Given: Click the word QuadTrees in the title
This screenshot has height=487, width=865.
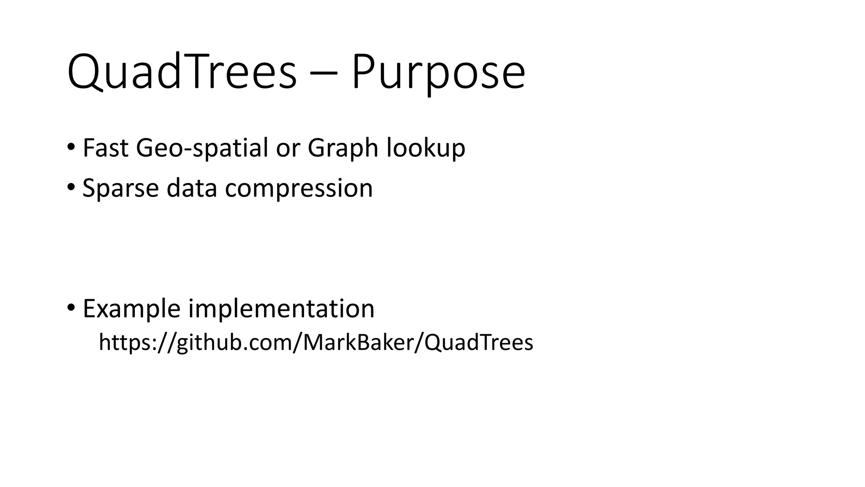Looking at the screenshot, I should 182,72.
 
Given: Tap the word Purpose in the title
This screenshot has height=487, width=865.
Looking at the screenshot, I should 438,72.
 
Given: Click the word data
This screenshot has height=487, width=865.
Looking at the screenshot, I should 191,188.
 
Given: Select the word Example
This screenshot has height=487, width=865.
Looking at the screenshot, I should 131,309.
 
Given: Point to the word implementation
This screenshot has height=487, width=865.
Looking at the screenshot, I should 281,309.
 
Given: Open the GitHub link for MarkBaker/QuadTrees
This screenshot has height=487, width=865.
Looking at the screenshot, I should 316,342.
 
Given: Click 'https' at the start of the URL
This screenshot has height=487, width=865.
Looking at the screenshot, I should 123,342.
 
